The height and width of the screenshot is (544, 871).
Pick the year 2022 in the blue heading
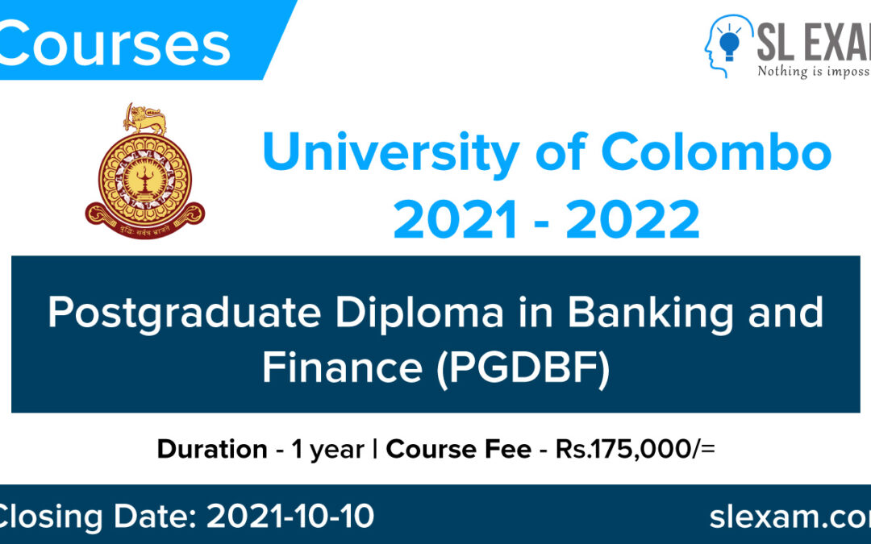pyautogui.click(x=633, y=220)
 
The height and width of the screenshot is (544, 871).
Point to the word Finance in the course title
pyautogui.click(x=338, y=367)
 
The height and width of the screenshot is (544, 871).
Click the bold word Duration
pyautogui.click(x=212, y=449)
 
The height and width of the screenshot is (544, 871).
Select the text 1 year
pyautogui.click(x=327, y=449)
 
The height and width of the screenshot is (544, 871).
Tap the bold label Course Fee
pyautogui.click(x=458, y=449)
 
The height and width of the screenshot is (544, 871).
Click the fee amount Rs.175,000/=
pyautogui.click(x=635, y=449)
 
